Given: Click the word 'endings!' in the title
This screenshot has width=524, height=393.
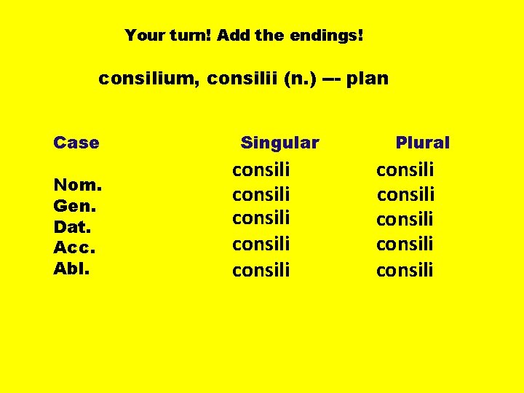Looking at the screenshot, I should [331, 35].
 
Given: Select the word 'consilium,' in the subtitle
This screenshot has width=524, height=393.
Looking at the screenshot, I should [149, 78].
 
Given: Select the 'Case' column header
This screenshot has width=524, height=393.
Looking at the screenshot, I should [76, 142].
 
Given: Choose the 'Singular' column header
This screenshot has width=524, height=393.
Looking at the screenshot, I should [279, 143].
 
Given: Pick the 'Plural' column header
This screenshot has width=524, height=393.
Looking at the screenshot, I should [422, 143].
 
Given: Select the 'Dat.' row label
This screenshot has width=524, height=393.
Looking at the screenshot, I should [74, 227].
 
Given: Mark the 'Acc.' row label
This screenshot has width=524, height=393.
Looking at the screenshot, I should [75, 247].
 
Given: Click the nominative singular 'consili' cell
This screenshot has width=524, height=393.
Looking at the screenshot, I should [261, 170].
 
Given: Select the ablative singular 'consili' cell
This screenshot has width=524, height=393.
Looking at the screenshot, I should [261, 270].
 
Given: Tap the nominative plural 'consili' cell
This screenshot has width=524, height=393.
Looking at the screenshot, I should [405, 170].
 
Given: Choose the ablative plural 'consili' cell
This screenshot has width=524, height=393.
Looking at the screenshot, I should [405, 270].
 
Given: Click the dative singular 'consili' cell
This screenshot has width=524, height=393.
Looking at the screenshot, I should [261, 218].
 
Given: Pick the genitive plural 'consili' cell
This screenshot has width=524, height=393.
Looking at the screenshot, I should [405, 194].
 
